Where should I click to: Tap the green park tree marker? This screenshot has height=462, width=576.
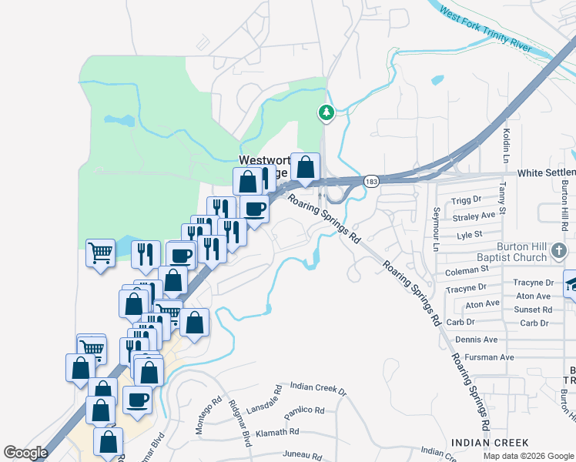click(327, 113)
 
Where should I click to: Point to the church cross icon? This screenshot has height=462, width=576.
click(560, 250)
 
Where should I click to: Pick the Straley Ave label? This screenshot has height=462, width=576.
click(474, 217)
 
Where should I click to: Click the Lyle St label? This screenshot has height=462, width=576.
click(469, 235)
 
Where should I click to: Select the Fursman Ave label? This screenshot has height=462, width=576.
click(484, 357)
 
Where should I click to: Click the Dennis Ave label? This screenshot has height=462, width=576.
click(477, 339)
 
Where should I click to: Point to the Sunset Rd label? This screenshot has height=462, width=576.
click(534, 310)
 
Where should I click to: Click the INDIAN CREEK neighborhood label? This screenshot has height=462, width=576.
click(490, 442)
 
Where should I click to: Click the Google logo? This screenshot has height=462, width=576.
click(26, 453)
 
